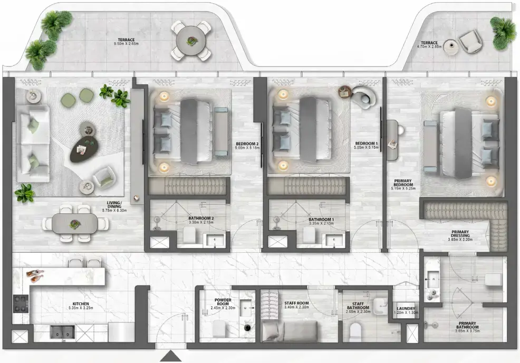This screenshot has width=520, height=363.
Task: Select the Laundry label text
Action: coord(406,309)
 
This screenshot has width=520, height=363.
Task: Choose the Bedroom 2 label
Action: coord(247,144)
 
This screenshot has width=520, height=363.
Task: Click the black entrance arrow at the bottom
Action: coord(172,357)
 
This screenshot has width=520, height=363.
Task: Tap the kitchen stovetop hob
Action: coord(21,304)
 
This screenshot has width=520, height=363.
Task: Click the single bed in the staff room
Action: coord(289,331)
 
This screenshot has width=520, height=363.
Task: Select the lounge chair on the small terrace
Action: coord(469,41)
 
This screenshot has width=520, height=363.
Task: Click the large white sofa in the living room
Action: coord(33,143)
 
